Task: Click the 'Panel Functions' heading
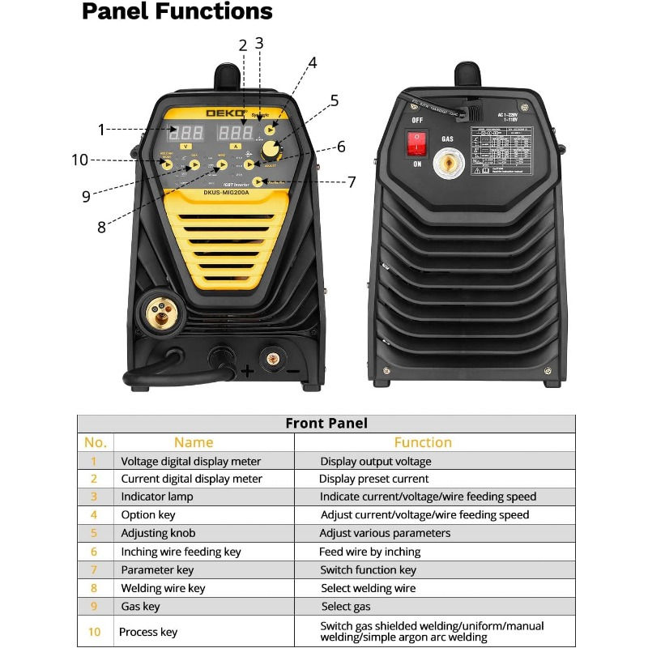tap(177, 12)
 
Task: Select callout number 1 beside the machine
tap(102, 130)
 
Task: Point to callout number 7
tap(352, 182)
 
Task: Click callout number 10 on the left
tap(79, 160)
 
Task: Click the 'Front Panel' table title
tap(326, 424)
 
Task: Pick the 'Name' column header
tap(194, 442)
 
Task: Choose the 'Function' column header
tap(423, 442)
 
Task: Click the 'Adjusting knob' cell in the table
tap(158, 533)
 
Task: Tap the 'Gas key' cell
tap(140, 606)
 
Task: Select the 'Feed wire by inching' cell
tap(370, 552)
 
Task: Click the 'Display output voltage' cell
tap(375, 461)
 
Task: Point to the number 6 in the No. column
tap(95, 552)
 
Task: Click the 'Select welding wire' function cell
tap(368, 588)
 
